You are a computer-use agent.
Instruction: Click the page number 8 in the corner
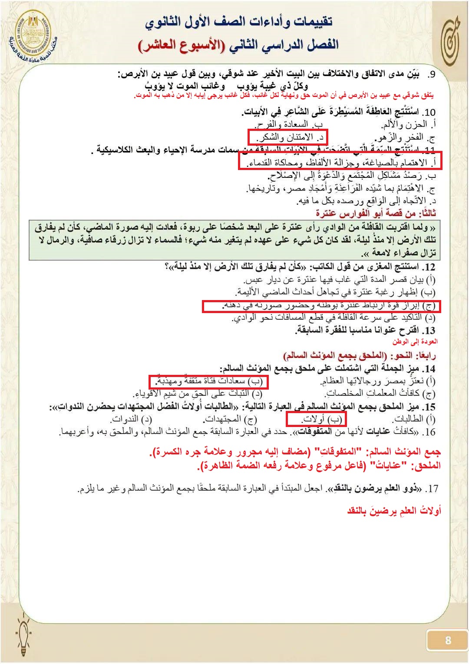pyautogui.click(x=448, y=640)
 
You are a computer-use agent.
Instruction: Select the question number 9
pyautogui.click(x=431, y=74)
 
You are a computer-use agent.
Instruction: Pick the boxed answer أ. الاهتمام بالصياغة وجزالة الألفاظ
pyautogui.click(x=340, y=163)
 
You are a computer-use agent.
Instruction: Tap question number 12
pyautogui.click(x=429, y=267)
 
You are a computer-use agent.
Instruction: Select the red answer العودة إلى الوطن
pyautogui.click(x=415, y=342)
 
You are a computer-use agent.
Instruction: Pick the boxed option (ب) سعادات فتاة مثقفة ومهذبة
pyautogui.click(x=208, y=381)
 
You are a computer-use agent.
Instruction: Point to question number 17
pyautogui.click(x=432, y=489)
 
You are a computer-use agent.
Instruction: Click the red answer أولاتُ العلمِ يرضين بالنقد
pyautogui.click(x=394, y=510)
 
